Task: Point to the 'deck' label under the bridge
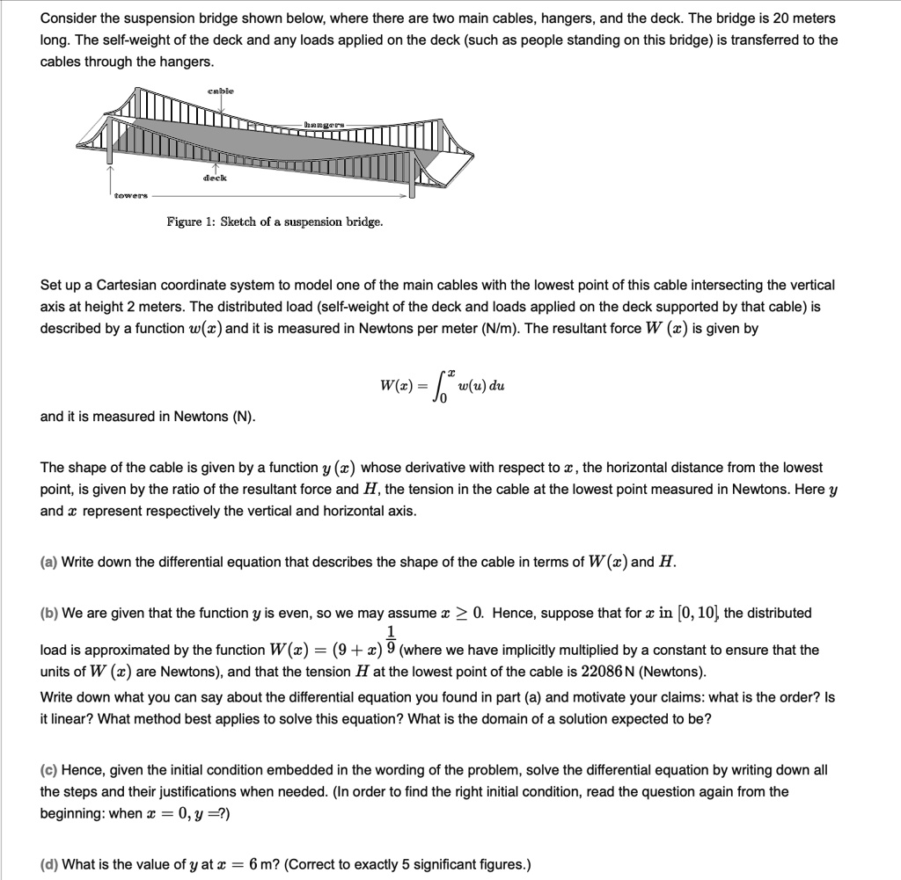(215, 178)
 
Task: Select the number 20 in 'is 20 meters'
(776, 18)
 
